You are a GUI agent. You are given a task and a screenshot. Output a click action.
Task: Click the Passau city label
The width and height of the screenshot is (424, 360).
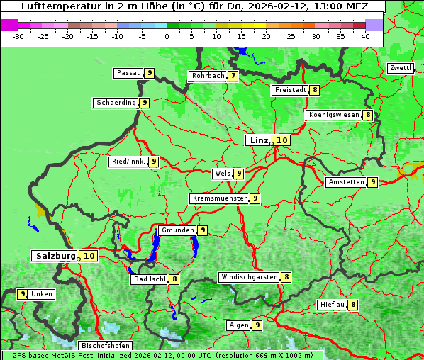click(x=129, y=73)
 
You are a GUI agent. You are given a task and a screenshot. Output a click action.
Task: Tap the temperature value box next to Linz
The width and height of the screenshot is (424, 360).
click(x=282, y=140)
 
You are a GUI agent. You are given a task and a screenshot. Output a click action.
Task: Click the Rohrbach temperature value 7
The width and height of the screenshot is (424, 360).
click(x=233, y=76)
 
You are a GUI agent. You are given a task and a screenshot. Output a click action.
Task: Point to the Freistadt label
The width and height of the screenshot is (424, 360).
click(x=290, y=90)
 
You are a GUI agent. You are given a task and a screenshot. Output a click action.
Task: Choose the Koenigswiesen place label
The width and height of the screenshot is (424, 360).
click(x=334, y=115)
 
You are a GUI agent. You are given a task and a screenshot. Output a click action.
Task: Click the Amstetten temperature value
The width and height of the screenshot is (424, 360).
click(x=373, y=182)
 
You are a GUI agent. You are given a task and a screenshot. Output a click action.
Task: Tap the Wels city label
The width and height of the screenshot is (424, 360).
click(x=223, y=174)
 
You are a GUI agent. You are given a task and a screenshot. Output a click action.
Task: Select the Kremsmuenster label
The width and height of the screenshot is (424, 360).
click(x=219, y=198)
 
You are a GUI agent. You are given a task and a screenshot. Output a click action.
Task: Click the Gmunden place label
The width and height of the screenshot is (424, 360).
click(x=177, y=230)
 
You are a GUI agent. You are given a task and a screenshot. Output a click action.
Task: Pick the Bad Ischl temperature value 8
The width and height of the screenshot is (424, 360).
click(x=174, y=279)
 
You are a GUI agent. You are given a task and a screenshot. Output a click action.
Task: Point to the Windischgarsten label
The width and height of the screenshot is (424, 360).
click(x=249, y=277)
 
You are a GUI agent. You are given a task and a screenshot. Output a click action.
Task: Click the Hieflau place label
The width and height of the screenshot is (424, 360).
click(x=332, y=305)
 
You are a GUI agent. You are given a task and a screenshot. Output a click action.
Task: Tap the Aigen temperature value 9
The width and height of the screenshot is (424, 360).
click(x=257, y=325)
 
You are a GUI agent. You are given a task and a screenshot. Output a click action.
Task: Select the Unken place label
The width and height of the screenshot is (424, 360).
click(x=42, y=294)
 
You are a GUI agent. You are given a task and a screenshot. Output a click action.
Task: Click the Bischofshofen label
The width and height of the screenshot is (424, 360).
click(x=105, y=346)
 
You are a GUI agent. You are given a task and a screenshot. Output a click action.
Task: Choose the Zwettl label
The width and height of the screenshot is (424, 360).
click(x=400, y=68)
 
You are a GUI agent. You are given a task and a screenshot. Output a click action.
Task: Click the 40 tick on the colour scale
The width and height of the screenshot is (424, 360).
click(x=365, y=36)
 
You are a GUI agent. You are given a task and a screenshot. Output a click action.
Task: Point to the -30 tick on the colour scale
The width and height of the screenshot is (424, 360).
click(x=18, y=36)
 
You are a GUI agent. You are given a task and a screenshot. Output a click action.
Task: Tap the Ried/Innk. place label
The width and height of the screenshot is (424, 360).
click(x=128, y=162)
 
